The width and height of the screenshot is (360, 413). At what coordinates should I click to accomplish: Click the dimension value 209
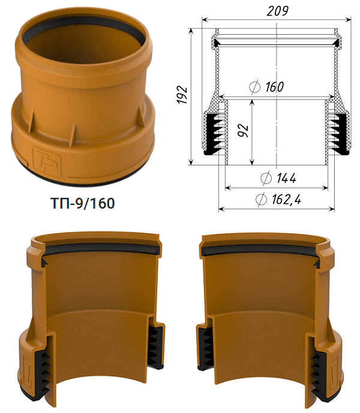pos(277,11)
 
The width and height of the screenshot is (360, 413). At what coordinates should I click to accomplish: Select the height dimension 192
pos(182,94)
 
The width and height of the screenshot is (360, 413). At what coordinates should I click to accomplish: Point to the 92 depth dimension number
pos(243,131)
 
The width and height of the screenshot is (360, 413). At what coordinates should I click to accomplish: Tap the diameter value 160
pos(275,87)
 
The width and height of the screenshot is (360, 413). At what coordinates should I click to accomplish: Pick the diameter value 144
pos(286,178)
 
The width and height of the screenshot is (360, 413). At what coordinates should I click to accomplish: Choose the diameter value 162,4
pos(286,199)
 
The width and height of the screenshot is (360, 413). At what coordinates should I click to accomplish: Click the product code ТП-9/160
pos(83,203)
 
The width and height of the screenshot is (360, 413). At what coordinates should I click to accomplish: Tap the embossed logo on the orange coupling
pos(46,161)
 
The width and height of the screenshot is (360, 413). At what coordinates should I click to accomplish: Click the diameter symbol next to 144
pos(266,178)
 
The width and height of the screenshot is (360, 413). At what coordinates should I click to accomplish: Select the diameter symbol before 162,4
pos(261,199)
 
